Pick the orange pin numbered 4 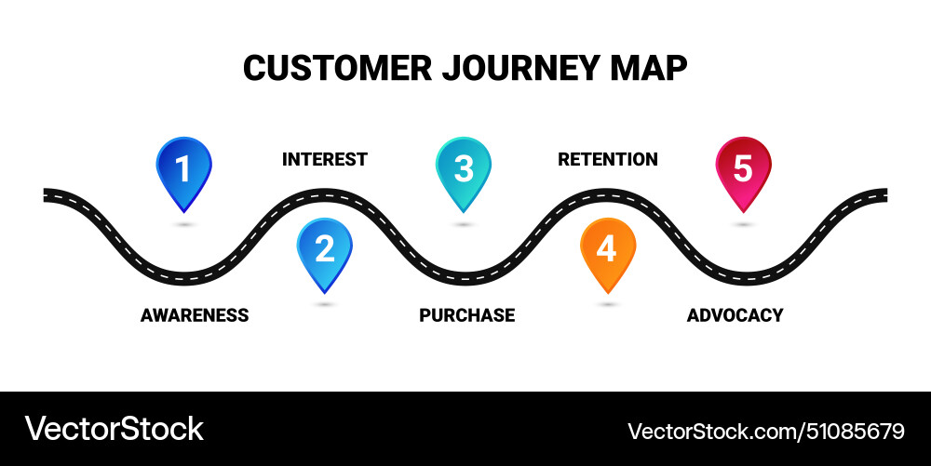pyautogui.click(x=607, y=250)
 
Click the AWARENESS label pyautogui.click(x=195, y=315)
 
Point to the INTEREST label pyautogui.click(x=324, y=160)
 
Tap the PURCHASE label pyautogui.click(x=466, y=315)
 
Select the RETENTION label pyautogui.click(x=607, y=160)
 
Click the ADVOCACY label pyautogui.click(x=735, y=315)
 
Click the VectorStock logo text pyautogui.click(x=114, y=429)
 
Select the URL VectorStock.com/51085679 pyautogui.click(x=765, y=431)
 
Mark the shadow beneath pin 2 pyautogui.click(x=324, y=304)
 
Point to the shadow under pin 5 pyautogui.click(x=743, y=224)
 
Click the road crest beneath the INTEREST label pyautogui.click(x=324, y=195)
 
